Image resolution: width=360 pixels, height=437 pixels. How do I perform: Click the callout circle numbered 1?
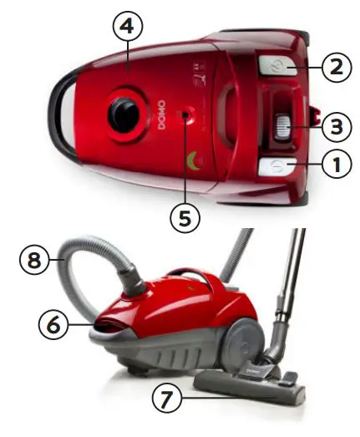337,165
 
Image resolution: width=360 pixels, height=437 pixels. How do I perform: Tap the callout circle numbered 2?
337,67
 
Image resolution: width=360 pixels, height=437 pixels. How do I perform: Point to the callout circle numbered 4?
126,27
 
